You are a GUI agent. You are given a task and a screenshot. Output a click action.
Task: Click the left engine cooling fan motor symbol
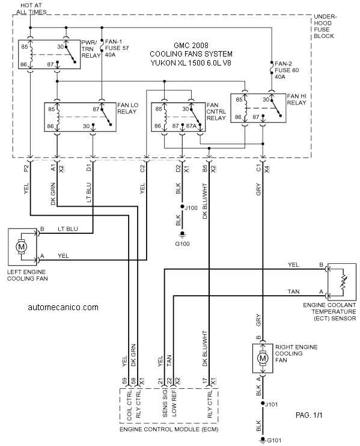[21, 246]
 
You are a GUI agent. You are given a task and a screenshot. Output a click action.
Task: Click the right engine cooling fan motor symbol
[263, 358]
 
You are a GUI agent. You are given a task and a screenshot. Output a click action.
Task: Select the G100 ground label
[182, 244]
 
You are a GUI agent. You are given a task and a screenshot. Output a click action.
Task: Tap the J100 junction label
[191, 208]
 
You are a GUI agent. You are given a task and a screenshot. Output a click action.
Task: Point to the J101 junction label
[271, 404]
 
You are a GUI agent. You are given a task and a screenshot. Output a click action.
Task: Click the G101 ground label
[274, 441]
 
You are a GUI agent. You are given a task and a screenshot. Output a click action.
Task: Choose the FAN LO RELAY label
[127, 108]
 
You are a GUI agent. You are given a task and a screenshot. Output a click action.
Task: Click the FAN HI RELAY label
[296, 100]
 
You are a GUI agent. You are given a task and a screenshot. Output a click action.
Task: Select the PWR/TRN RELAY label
[91, 49]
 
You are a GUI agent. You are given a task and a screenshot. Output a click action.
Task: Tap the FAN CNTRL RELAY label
[216, 112]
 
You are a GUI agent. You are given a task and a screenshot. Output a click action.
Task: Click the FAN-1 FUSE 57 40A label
[117, 48]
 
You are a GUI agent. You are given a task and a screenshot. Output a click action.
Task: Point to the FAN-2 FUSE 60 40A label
[287, 70]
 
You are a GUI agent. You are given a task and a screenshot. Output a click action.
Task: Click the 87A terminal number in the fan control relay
[191, 126]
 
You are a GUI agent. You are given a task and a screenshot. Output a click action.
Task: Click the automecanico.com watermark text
[63, 307]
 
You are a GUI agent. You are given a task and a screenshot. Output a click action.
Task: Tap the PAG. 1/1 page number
[309, 415]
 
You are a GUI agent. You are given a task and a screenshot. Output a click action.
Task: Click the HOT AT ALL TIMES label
[31, 9]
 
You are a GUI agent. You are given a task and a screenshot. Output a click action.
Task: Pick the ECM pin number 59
[124, 381]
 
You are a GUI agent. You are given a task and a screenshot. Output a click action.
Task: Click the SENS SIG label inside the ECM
[165, 404]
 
